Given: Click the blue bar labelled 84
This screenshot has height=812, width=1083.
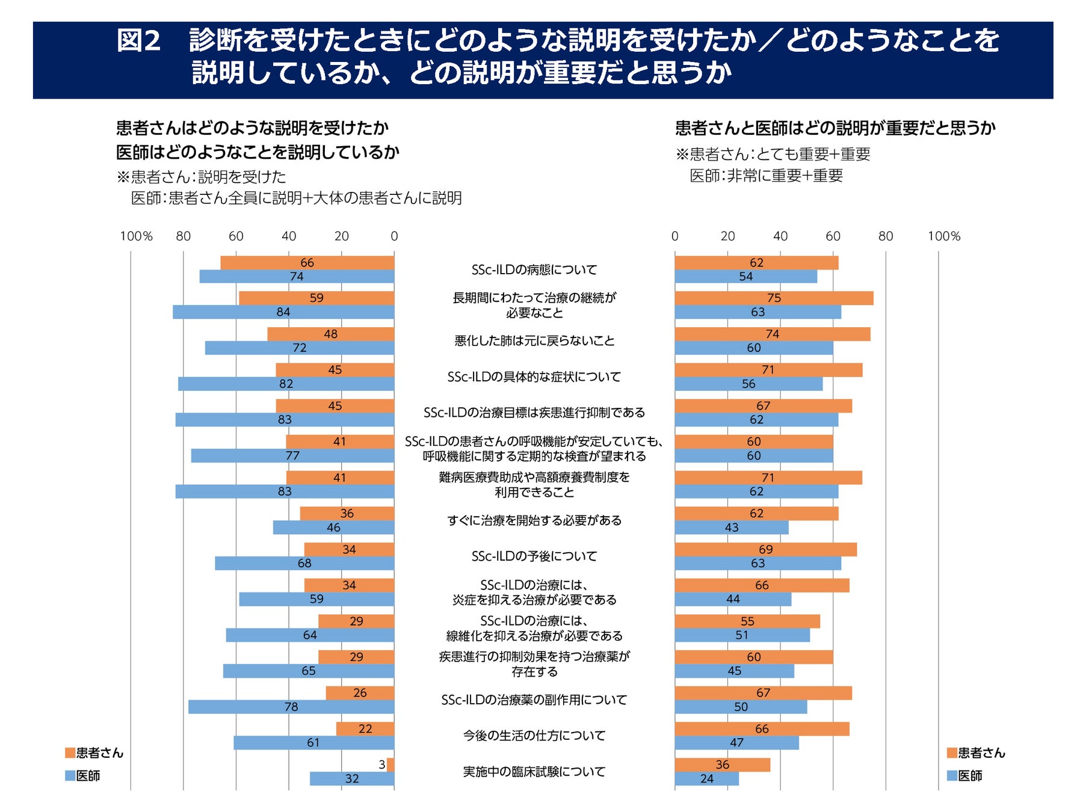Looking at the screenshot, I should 283,312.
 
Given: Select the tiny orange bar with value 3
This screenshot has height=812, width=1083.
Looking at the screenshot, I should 390,765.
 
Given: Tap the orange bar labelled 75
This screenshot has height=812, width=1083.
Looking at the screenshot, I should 774,298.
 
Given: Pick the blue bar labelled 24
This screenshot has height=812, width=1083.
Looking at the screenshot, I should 706,779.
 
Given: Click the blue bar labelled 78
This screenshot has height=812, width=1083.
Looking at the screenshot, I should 291,707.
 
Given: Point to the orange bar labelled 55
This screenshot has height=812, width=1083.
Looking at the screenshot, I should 747,621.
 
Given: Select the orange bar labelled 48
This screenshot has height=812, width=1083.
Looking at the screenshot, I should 330,334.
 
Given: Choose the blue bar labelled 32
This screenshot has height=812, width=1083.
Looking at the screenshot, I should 352,779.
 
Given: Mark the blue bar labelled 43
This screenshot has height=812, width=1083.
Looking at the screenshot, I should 731,527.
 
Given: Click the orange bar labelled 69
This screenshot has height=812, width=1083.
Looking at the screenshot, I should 765,550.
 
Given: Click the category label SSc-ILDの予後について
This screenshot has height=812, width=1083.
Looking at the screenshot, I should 534,556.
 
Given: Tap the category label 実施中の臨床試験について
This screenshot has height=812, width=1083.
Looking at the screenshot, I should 534,772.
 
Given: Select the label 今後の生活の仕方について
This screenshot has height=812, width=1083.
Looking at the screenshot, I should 534,736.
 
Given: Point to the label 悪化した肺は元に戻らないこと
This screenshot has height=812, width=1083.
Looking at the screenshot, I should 534,341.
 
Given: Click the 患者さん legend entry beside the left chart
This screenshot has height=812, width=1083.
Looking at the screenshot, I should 94,753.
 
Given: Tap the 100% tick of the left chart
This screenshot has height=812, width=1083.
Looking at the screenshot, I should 136,236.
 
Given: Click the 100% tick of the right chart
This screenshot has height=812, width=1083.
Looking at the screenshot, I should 943,236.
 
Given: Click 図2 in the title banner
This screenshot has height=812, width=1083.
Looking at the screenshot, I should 138,41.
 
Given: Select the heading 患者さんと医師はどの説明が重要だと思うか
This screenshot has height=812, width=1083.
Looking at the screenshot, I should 835,128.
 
